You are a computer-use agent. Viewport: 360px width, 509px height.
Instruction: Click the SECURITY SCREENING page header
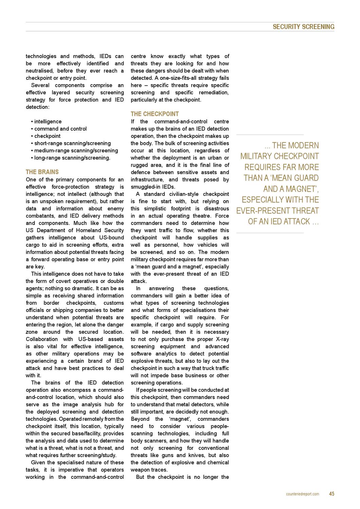click(303, 27)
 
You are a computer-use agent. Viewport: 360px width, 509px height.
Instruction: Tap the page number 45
click(331, 494)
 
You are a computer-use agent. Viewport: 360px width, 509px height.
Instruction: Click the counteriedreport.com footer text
click(302, 494)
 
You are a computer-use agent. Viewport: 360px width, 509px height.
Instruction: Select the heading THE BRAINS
click(42, 172)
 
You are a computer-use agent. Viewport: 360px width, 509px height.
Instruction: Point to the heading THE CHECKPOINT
click(155, 114)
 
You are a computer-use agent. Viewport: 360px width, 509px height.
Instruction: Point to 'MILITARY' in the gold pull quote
click(256, 156)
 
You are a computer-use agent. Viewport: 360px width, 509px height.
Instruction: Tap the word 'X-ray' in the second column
click(222, 339)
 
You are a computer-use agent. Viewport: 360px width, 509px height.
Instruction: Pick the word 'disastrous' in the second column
click(214, 209)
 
